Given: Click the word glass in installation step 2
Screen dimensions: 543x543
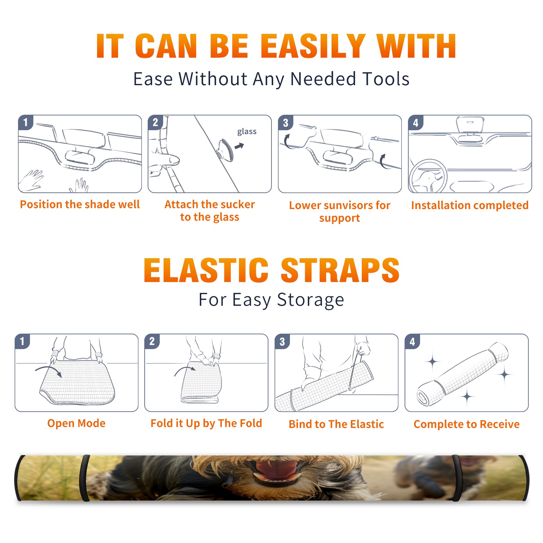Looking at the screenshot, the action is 247,132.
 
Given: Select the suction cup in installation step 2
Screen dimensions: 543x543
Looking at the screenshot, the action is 225,150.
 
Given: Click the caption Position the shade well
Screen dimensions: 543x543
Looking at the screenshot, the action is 80,204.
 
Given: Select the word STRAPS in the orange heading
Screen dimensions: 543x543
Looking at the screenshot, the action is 340,270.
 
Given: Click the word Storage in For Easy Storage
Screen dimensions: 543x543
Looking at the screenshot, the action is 311,300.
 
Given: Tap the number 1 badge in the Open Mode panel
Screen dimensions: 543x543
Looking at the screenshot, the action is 22,341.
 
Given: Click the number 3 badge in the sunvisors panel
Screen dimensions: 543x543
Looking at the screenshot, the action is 285,123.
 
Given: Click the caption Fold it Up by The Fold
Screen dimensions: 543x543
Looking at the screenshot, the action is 206,423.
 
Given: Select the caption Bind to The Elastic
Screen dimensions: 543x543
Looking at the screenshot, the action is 336,424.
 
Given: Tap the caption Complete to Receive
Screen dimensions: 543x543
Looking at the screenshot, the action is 467,424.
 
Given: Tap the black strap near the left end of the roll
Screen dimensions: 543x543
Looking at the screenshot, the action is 85,478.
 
